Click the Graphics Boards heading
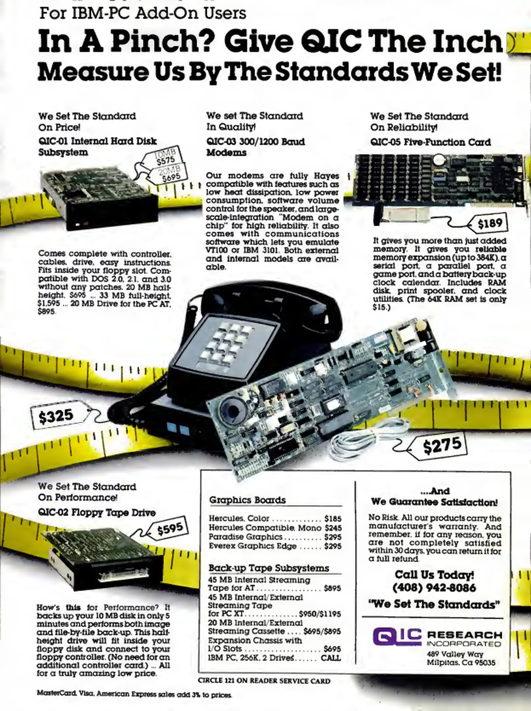coord(247,500)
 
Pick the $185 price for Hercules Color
coord(333,519)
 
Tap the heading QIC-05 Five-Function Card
coord(431,142)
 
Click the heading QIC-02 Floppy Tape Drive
coord(97,513)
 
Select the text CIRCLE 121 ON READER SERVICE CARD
coord(264,680)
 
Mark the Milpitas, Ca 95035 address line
coord(461,662)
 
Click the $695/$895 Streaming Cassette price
coord(322,631)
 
